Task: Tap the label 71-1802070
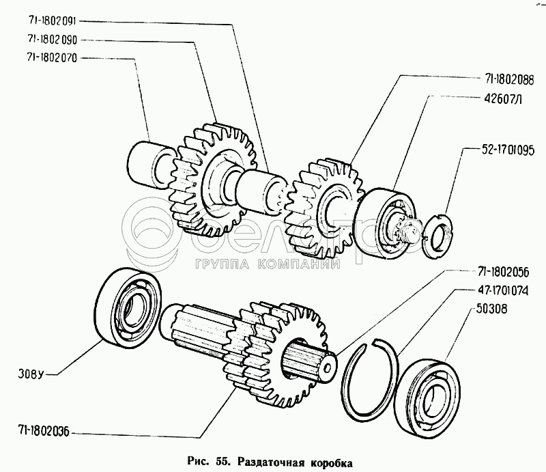click(x=52, y=58)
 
